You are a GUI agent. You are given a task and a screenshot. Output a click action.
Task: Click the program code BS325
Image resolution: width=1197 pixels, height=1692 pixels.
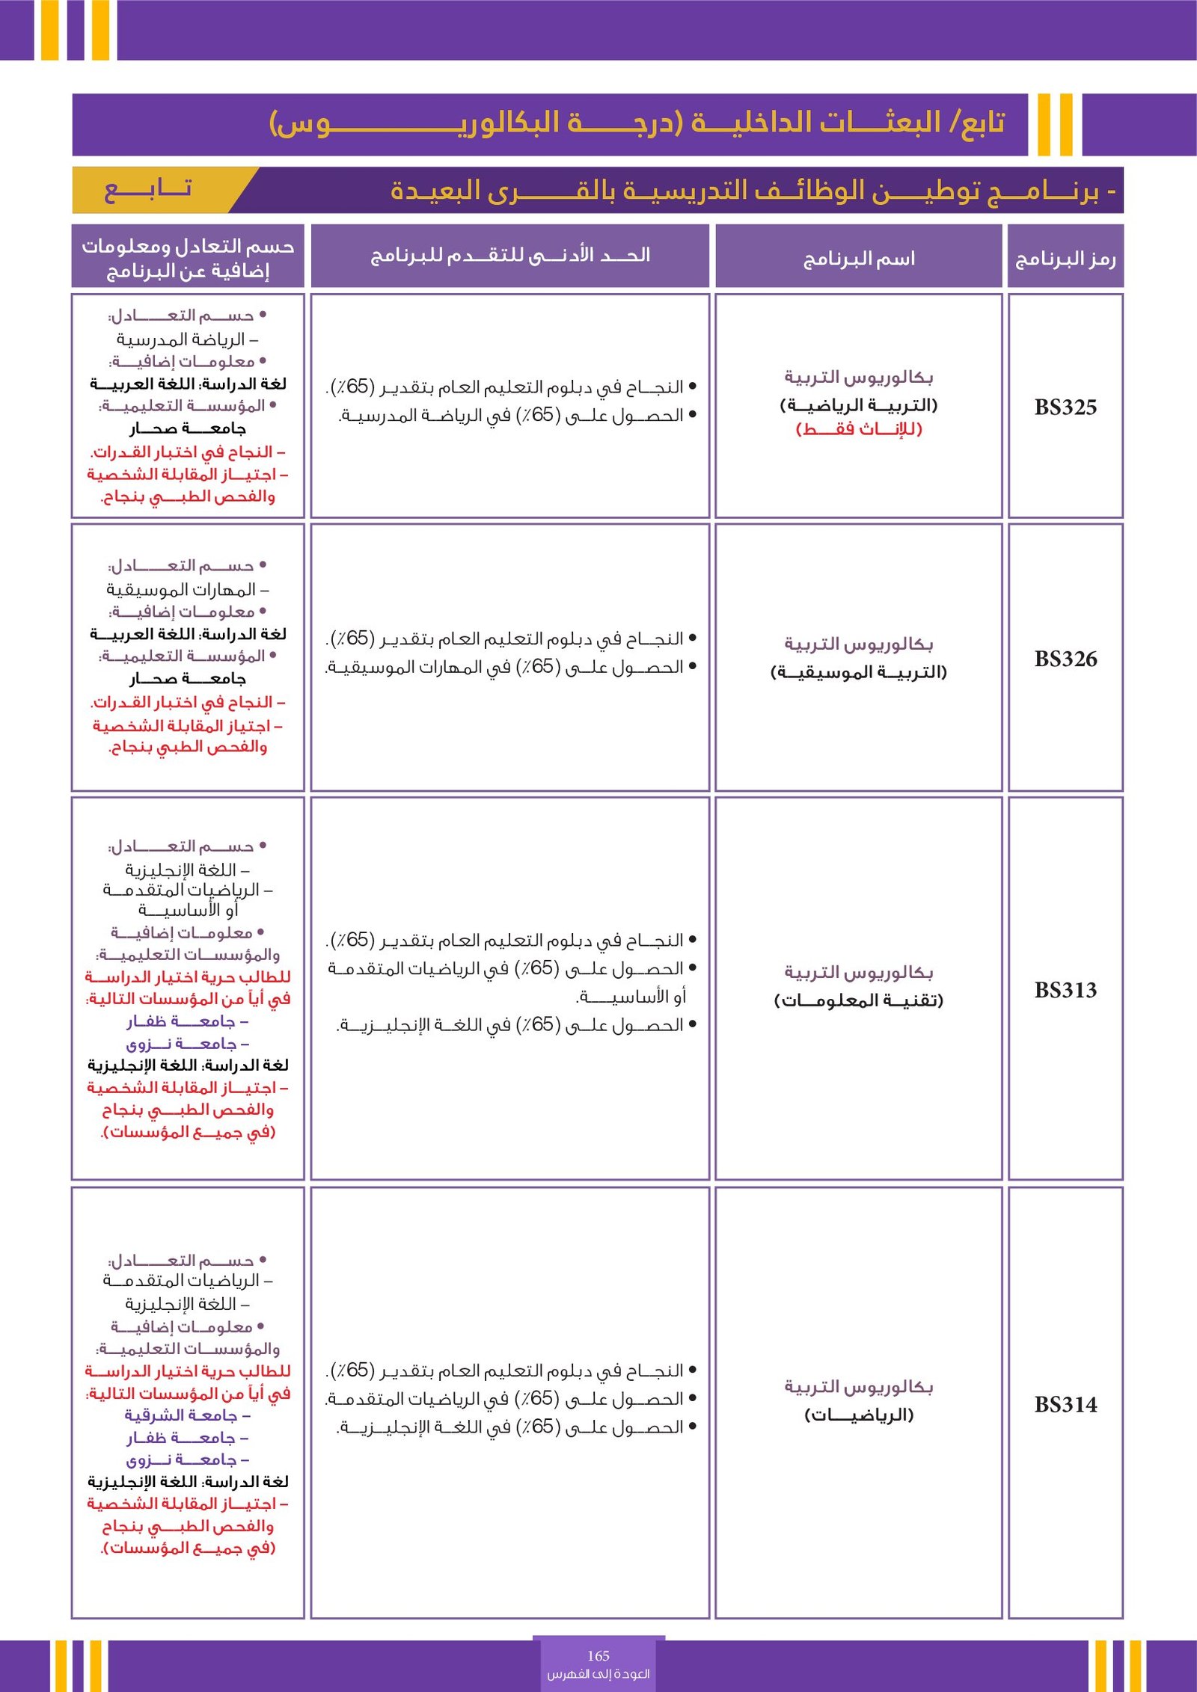1065,407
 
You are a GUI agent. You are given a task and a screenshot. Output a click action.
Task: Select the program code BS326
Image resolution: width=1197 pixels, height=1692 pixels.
1065,659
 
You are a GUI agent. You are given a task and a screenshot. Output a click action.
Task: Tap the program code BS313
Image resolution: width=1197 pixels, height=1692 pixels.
1065,990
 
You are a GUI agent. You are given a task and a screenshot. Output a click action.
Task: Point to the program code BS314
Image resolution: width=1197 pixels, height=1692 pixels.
1065,1404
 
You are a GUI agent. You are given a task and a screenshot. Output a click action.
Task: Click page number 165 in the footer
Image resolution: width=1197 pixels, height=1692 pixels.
598,1655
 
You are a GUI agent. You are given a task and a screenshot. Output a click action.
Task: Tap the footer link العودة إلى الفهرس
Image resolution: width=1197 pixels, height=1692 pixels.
598,1673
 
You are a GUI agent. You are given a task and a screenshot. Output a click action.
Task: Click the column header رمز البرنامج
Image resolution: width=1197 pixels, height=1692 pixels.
1065,259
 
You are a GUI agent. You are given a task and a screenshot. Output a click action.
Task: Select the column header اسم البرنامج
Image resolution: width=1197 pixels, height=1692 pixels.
859,259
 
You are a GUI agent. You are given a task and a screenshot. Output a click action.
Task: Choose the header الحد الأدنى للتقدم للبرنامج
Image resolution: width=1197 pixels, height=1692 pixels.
510,256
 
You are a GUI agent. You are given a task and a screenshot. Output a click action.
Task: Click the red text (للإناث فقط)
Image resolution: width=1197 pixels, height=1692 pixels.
859,429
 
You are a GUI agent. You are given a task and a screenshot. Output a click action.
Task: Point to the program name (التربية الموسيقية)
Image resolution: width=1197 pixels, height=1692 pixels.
859,672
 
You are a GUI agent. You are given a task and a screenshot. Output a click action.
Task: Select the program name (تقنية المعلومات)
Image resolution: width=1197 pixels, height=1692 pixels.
859,1000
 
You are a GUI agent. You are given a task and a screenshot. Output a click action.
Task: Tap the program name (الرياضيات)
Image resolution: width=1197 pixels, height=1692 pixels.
859,1415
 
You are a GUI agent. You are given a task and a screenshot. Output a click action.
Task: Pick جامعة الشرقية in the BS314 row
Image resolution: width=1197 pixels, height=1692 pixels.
187,1415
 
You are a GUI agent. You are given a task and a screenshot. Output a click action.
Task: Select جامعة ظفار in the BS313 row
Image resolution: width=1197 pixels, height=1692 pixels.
187,1021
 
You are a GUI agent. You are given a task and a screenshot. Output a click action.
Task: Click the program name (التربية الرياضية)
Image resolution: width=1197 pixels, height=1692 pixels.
859,405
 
